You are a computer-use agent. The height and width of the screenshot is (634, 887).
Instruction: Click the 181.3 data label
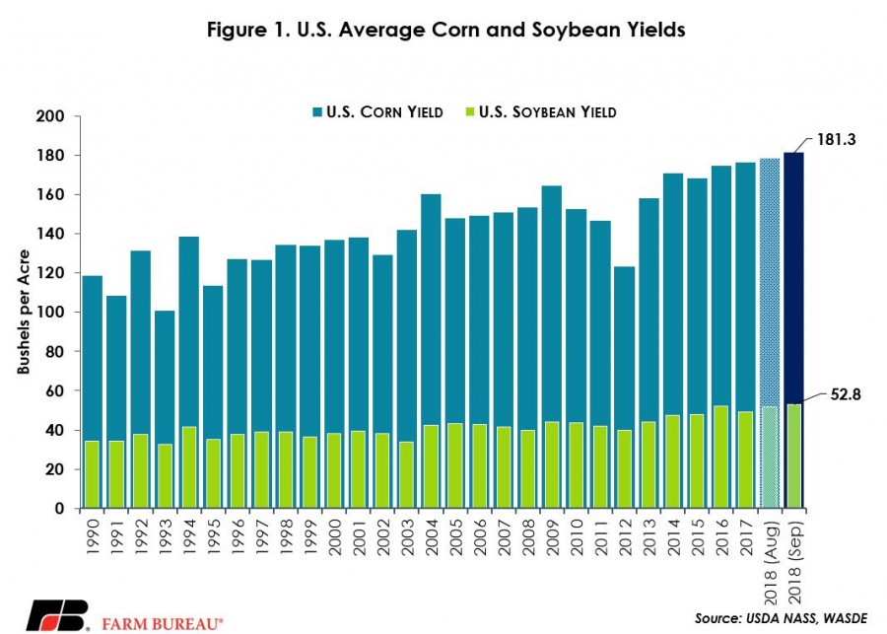pos(836,139)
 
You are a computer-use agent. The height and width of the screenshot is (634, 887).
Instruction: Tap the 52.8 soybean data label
pos(846,394)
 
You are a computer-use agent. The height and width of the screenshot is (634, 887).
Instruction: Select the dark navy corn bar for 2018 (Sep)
pos(793,277)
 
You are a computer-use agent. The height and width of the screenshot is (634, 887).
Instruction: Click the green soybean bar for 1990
pos(92,474)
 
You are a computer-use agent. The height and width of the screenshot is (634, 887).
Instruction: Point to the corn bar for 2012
pos(625,348)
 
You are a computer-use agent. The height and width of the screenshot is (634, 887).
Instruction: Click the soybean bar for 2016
pos(721,457)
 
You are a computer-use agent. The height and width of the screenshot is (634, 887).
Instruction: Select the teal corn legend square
pos(317,112)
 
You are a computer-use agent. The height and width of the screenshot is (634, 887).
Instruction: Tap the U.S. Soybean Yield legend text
pos(548,112)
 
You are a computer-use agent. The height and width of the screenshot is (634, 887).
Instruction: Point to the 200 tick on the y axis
pos(50,116)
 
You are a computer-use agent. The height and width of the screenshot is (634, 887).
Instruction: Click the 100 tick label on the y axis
pos(50,313)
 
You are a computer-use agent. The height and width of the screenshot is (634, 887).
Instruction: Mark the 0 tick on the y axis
pos(59,509)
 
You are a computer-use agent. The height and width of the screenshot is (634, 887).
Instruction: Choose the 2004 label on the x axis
pos(431,537)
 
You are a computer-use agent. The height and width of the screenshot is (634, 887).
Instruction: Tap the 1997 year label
pos(262,537)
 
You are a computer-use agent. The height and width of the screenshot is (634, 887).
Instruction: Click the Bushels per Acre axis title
pos(24,312)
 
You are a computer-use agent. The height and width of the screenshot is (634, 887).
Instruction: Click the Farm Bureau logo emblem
pos(58,615)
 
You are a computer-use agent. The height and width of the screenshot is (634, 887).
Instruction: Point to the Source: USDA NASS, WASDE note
pos(781,618)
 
